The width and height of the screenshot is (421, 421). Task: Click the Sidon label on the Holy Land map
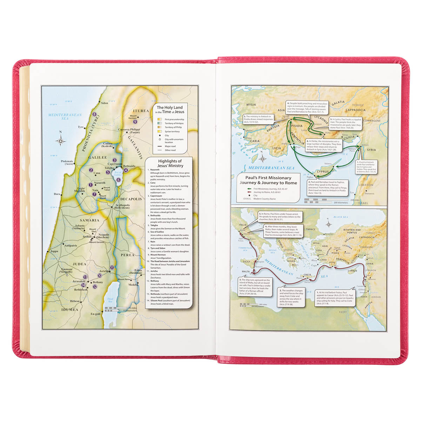pyautogui.click(x=105, y=103)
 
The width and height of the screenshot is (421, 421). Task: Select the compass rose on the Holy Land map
pyautogui.click(x=61, y=141)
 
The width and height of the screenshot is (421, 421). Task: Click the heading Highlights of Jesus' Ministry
pyautogui.click(x=171, y=163)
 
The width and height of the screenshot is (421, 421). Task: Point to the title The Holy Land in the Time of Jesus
pyautogui.click(x=170, y=109)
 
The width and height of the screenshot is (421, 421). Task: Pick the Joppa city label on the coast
pyautogui.click(x=54, y=251)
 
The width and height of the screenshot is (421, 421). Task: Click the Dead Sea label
pyautogui.click(x=110, y=300)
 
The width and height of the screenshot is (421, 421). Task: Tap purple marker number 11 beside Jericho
pyautogui.click(x=112, y=268)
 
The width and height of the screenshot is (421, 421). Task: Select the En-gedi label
pyautogui.click(x=95, y=314)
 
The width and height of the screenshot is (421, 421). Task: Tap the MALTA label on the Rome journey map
pyautogui.click(x=246, y=272)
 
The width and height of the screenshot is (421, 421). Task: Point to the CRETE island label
pyautogui.click(x=307, y=275)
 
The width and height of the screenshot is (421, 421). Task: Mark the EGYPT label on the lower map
pyautogui.click(x=343, y=312)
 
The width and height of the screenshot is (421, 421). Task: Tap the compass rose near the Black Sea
pyautogui.click(x=329, y=224)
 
